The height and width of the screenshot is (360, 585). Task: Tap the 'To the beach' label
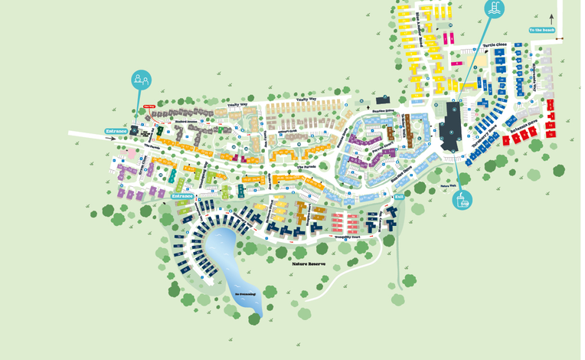click(x=541, y=31)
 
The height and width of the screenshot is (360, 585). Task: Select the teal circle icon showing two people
click(x=141, y=78)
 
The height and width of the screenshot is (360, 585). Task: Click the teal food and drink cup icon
click(x=462, y=200)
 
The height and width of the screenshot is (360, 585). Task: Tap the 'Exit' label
click(x=398, y=197)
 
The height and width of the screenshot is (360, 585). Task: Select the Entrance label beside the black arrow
click(x=116, y=131)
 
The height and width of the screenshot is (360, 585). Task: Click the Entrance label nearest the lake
click(x=183, y=196)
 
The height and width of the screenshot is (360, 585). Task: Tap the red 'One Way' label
click(x=151, y=108)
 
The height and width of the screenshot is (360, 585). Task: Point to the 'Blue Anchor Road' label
click(x=420, y=31)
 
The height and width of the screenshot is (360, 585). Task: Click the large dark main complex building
click(x=453, y=126)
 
